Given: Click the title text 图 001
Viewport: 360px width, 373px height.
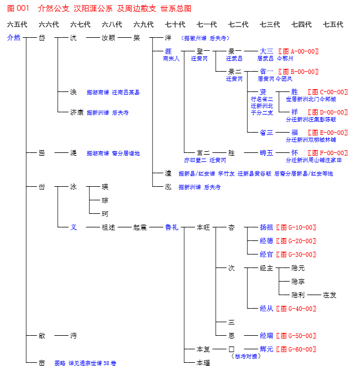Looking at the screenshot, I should click(x=18, y=8).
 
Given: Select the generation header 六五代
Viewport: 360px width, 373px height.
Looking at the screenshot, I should click(x=17, y=24).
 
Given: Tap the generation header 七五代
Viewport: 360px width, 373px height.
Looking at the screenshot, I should click(x=333, y=24).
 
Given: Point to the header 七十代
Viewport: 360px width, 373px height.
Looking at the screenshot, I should click(x=175, y=24).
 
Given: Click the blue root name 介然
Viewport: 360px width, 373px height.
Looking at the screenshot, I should click(x=14, y=38).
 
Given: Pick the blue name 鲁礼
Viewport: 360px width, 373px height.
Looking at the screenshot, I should click(x=172, y=227).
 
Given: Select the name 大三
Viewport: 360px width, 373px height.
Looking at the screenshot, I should click(x=266, y=51).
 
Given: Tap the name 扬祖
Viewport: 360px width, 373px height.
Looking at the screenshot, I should click(x=266, y=227).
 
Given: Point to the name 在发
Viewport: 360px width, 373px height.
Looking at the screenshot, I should click(x=330, y=295).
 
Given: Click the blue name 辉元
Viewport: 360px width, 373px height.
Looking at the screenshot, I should click(x=266, y=349).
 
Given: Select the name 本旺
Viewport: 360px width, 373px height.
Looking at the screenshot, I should click(x=203, y=227).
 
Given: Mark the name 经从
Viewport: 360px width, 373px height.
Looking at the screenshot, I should click(x=266, y=309).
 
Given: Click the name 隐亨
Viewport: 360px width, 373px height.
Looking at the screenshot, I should click(x=298, y=282).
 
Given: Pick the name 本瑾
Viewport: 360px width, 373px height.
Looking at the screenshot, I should click(x=203, y=363).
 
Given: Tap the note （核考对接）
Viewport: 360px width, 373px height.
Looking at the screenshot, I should click(x=246, y=356).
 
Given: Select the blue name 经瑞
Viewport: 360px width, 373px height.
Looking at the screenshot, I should click(x=266, y=336).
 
